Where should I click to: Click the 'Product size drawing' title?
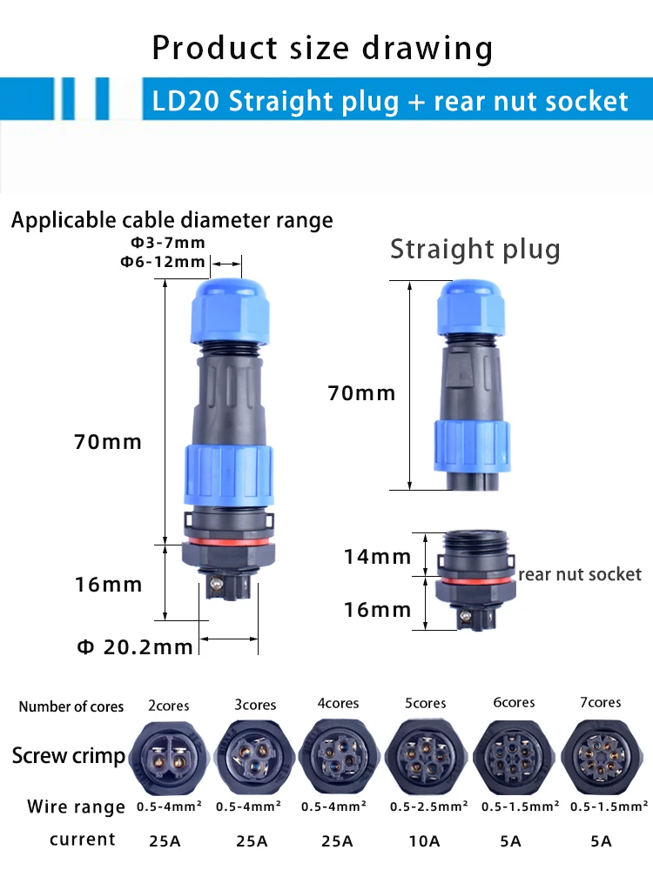(x=322, y=49)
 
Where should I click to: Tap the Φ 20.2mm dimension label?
(x=135, y=647)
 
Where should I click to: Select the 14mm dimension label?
(x=378, y=557)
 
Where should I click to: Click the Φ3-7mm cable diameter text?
(x=168, y=243)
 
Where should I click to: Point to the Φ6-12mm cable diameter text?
(x=163, y=261)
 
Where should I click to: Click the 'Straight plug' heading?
(x=475, y=249)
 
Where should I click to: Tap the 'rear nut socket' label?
(x=580, y=574)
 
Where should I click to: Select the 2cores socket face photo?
(x=170, y=758)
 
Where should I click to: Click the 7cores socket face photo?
(x=602, y=757)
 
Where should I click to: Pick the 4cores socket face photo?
(x=339, y=757)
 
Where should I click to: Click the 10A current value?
(x=424, y=841)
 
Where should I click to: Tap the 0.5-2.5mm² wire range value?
(x=428, y=806)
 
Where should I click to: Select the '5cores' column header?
(x=426, y=704)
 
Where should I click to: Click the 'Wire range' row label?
(x=76, y=806)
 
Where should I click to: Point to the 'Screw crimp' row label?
(x=69, y=756)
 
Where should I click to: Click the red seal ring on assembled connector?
(x=228, y=541)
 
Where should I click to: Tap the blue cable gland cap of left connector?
(x=231, y=311)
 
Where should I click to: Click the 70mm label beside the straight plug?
(x=361, y=393)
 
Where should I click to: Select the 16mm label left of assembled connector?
(x=108, y=585)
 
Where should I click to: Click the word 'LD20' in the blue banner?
(x=185, y=102)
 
